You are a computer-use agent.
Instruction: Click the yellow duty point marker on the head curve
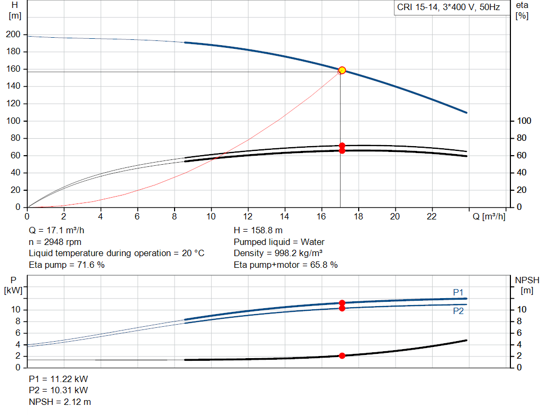click(x=342, y=70)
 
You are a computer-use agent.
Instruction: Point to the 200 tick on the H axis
click(x=13, y=35)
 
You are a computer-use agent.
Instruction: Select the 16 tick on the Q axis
click(x=321, y=216)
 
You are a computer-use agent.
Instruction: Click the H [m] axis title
click(x=15, y=10)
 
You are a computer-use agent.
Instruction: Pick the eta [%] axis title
click(x=522, y=10)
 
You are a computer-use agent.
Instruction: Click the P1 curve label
click(x=458, y=292)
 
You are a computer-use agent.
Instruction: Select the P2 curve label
click(x=458, y=311)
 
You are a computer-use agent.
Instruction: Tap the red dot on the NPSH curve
click(x=342, y=355)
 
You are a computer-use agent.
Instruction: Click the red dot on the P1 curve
click(x=342, y=303)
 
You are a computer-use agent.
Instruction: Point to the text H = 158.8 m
click(x=258, y=231)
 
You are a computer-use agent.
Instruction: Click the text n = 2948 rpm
click(x=55, y=242)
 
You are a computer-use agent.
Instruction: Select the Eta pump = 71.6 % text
click(x=67, y=264)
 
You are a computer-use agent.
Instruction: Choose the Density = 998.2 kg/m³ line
click(x=278, y=253)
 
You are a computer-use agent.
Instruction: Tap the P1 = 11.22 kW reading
click(x=59, y=379)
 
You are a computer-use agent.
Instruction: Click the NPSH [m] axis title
click(x=527, y=285)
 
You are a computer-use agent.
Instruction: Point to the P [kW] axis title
click(x=15, y=285)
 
